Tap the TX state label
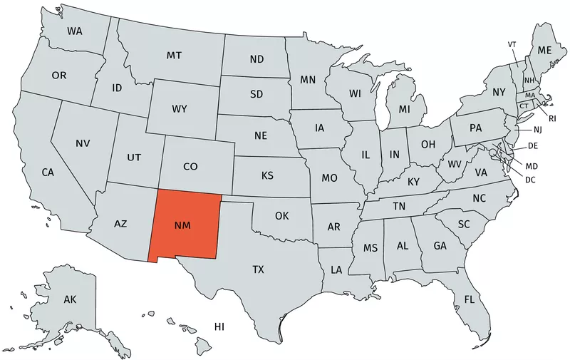[x=258, y=269]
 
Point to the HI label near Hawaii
[x=219, y=326]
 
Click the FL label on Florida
[x=470, y=299]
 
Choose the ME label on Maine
[x=544, y=51]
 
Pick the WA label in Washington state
[x=75, y=32]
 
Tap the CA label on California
[x=48, y=172]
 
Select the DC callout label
[x=530, y=179]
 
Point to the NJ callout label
[x=538, y=130]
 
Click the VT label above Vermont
[x=512, y=44]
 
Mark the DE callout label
[x=532, y=145]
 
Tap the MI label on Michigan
[x=404, y=109]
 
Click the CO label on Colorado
[x=190, y=166]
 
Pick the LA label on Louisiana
[x=336, y=270]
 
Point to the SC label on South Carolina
[x=464, y=224]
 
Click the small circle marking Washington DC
[x=492, y=152]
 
